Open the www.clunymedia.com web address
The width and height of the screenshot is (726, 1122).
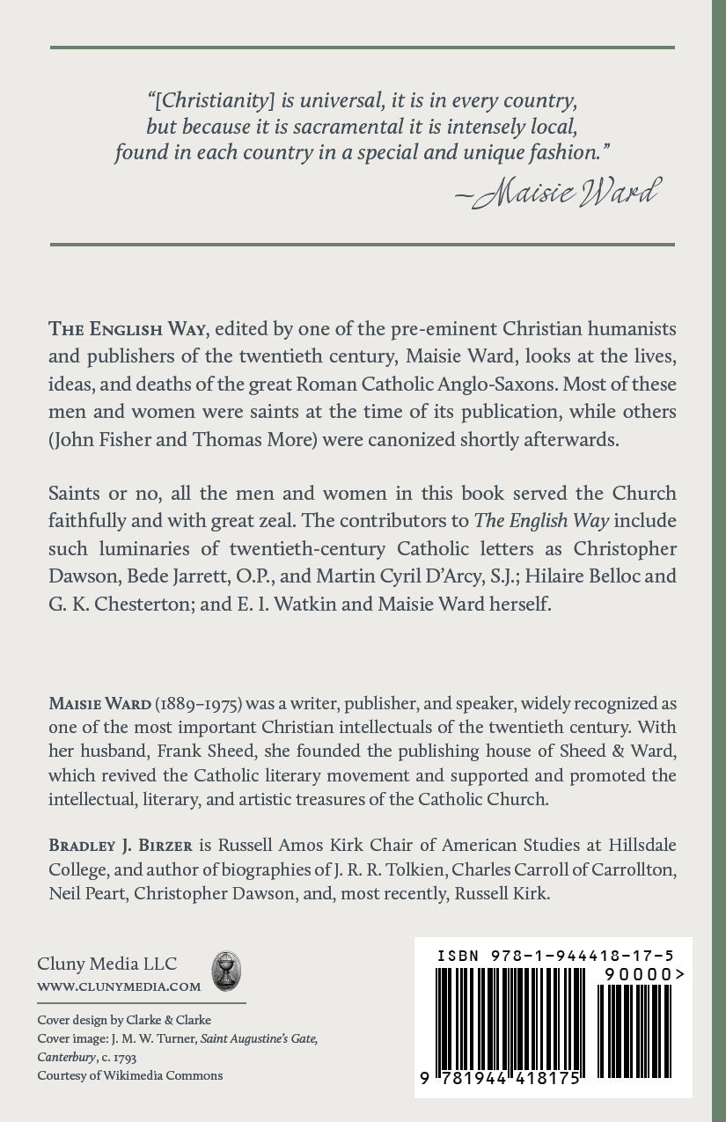pos(119,986)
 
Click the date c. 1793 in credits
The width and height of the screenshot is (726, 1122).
pos(117,1057)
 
